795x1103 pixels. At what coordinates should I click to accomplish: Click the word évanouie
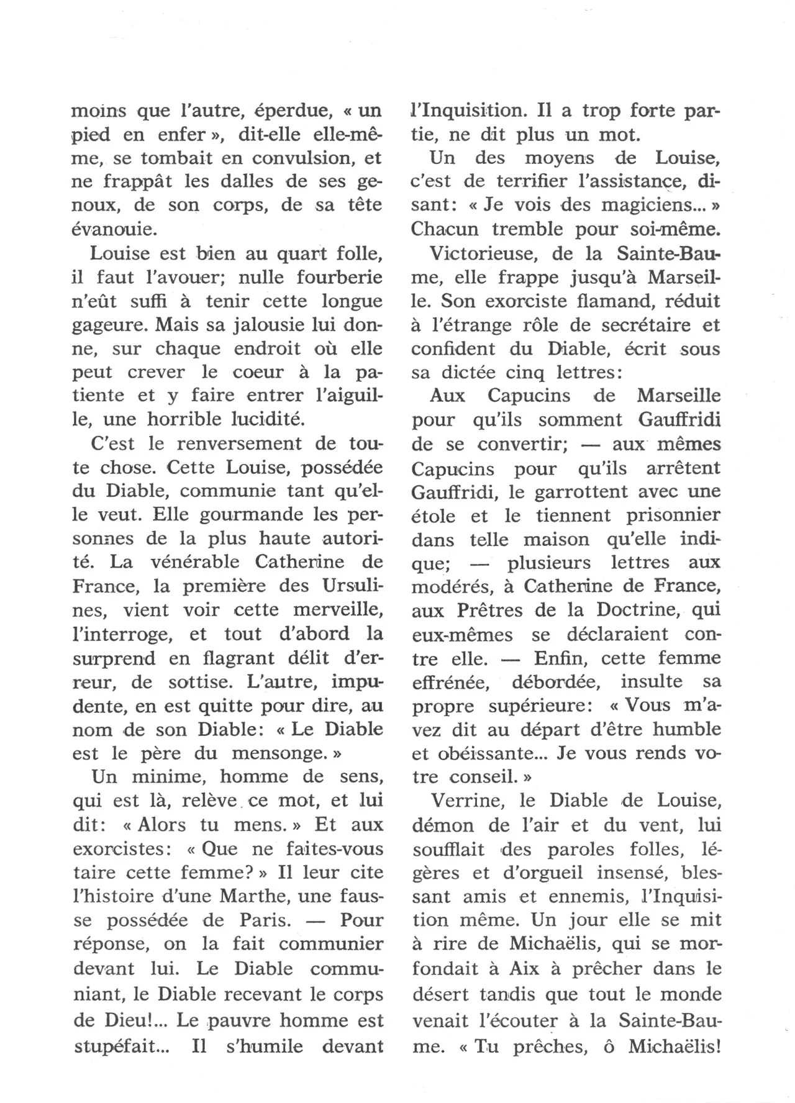112,230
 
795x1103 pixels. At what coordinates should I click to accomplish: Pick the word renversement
238,443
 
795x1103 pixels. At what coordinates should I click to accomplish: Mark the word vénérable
192,561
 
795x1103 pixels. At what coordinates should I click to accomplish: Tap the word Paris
265,920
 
